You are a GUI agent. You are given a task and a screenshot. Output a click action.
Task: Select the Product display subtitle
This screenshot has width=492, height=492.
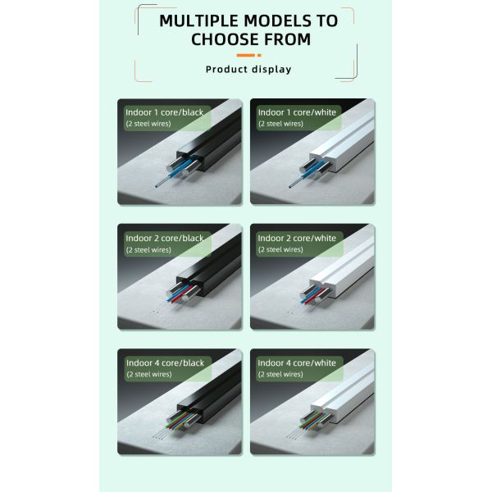coord(248,69)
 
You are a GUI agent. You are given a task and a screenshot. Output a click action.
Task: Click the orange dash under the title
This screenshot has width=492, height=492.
coord(248,55)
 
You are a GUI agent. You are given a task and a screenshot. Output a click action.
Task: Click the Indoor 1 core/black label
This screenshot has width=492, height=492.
coord(163,112)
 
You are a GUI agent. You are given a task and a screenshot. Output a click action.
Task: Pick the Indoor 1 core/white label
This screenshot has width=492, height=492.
coord(297,112)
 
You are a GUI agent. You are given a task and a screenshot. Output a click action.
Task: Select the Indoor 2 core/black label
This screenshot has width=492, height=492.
coord(163,238)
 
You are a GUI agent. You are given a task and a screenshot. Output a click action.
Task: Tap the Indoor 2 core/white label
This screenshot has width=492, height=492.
coord(297,238)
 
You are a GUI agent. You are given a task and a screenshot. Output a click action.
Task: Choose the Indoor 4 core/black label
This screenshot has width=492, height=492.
coord(163,362)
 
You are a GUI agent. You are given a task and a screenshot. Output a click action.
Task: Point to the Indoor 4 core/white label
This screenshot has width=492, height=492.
coord(297,362)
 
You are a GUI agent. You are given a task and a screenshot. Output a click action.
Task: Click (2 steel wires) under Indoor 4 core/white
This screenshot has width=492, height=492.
coord(280,374)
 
